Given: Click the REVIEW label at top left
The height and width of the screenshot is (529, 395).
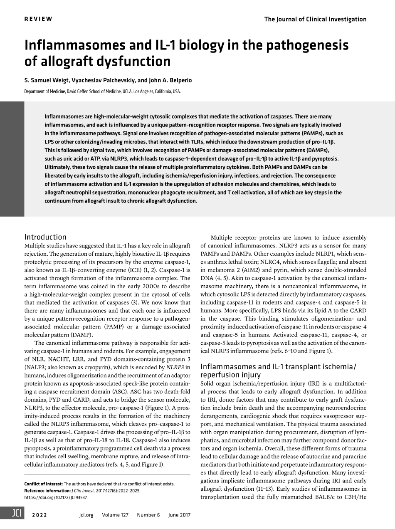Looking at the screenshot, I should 38,19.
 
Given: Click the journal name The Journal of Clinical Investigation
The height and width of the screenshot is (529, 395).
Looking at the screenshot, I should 315,19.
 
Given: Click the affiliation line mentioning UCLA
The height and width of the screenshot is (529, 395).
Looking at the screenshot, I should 102,91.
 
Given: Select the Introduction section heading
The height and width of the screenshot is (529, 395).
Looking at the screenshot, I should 45,237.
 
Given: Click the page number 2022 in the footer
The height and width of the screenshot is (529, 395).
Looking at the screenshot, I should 39,515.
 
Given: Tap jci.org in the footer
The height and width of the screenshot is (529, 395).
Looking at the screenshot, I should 86,515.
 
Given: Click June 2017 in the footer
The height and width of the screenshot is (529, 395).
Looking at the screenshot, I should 179,515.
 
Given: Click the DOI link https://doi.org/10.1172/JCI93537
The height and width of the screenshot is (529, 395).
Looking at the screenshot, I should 56,497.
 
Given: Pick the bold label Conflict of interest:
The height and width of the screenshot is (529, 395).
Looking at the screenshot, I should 43,484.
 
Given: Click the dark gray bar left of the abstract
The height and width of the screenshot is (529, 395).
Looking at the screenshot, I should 12,159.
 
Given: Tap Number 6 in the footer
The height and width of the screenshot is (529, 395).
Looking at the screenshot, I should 148,515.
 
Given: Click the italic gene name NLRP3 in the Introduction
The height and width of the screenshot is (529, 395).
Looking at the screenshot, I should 175,367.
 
